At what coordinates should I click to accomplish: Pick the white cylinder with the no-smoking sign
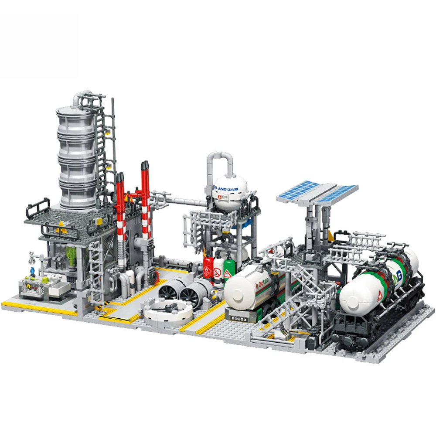[x=218, y=271]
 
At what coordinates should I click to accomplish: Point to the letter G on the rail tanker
[x=399, y=276]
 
